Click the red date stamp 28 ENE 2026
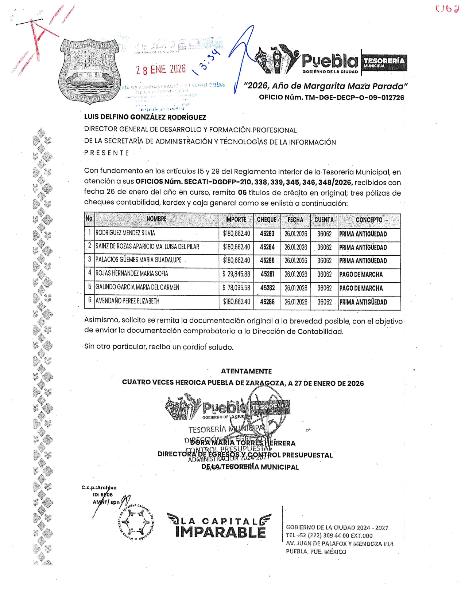[x=161, y=69]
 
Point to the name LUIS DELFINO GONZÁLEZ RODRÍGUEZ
[x=145, y=117]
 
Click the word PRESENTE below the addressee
[x=106, y=153]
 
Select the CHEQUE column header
[x=267, y=220]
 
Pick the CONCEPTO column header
[x=369, y=220]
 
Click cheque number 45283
[x=267, y=233]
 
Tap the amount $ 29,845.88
[x=236, y=274]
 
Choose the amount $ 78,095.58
[x=236, y=288]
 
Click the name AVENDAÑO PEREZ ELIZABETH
[x=127, y=301]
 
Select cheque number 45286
[x=267, y=302]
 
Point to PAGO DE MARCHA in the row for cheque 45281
[x=361, y=275]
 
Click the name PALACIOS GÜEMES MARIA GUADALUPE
[x=138, y=260]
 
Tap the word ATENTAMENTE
[x=246, y=371]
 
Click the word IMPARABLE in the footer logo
[x=220, y=532]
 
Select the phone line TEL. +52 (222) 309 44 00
[x=329, y=535]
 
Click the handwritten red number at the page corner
[x=447, y=9]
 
